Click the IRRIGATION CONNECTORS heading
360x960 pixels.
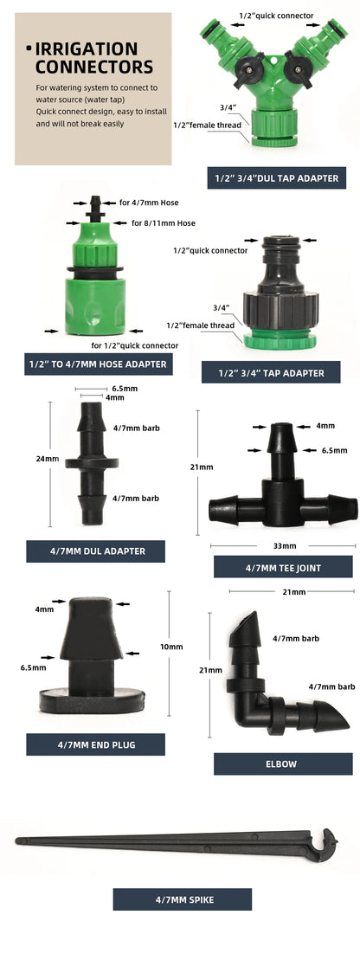point(93,58)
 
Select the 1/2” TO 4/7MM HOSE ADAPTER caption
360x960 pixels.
point(98,364)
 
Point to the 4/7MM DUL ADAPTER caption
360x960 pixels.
point(95,551)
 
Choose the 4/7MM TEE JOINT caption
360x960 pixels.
point(283,567)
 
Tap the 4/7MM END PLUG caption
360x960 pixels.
point(95,744)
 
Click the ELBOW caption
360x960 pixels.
point(283,763)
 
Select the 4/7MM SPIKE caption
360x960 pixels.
point(182,899)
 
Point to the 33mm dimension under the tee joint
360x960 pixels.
point(284,546)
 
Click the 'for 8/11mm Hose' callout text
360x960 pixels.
point(164,223)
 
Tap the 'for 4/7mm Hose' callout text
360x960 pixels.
point(148,203)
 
